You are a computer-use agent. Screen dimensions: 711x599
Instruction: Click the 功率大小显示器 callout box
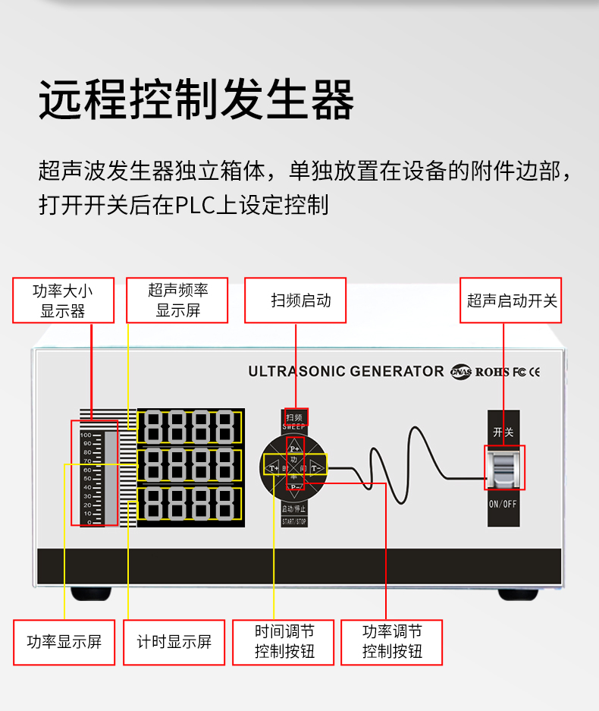pos(63,300)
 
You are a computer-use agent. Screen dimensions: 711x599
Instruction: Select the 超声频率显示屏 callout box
pos(177,300)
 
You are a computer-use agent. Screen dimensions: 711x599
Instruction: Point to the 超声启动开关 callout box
pos(511,300)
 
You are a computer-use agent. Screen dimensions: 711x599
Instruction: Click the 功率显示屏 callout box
pos(64,642)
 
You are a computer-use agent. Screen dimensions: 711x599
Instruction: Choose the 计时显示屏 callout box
pos(174,642)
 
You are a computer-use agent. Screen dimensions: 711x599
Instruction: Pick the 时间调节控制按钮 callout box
pos(284,642)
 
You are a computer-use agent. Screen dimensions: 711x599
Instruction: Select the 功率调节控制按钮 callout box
pos(391,642)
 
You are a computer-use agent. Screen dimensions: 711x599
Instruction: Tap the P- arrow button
pos(295,486)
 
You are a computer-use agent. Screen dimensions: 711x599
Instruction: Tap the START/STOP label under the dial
pos(294,521)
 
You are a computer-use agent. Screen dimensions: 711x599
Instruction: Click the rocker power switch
pos(504,467)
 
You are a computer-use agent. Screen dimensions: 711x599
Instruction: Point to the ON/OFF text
pos(504,504)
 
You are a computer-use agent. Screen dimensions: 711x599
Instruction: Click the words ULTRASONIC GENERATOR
pos(346,371)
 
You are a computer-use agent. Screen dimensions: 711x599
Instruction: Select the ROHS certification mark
pos(492,372)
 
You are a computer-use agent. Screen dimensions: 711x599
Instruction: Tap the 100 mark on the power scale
pos(87,435)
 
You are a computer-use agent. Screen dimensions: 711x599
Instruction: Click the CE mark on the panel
pos(535,372)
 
